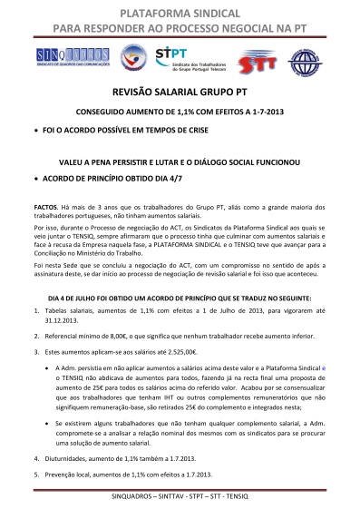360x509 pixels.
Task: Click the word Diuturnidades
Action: [65, 458]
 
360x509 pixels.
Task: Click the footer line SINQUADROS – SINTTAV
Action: [180, 500]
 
